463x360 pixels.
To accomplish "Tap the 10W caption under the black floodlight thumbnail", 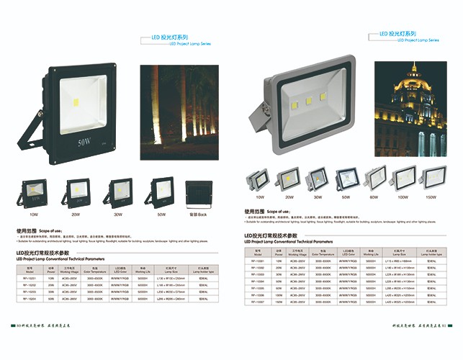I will point(33,215).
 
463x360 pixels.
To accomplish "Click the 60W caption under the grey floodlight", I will point(374,196).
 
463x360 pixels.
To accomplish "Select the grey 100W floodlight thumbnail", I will point(403,177).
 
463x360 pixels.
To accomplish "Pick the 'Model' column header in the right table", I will point(257,254).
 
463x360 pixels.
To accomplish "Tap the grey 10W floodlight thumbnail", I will point(259,179).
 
